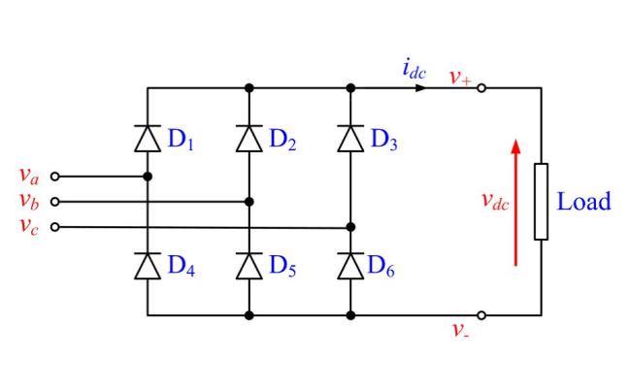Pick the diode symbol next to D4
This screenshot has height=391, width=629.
pos(148,265)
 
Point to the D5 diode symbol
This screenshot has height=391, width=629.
pos(249,265)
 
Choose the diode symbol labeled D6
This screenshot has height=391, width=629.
pos(350,265)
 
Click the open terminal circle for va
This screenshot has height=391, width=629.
pos(54,177)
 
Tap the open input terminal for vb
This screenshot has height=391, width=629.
pos(54,202)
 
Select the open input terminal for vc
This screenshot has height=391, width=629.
pos(54,227)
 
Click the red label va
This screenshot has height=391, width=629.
pos(29,176)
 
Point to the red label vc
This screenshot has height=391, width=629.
pos(29,227)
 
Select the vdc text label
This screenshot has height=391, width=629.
pos(495,202)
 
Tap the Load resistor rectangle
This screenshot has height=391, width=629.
pos(541,201)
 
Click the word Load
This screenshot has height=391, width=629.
pos(583,202)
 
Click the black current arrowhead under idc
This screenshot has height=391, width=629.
pos(419,87)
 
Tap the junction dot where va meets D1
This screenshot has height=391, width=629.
pos(148,177)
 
